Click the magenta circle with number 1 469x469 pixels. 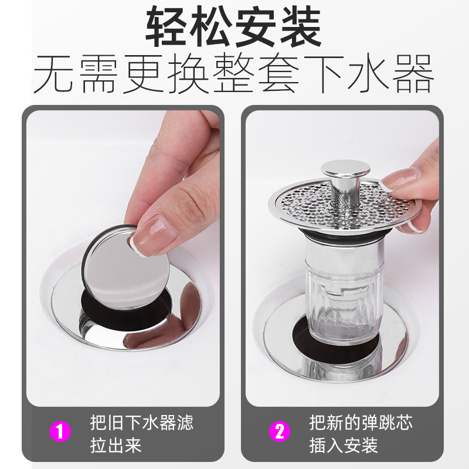[x=60, y=431]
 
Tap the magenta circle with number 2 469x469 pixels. [x=280, y=431]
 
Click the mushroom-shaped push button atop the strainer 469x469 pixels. [x=345, y=169]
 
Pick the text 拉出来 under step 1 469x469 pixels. [x=116, y=446]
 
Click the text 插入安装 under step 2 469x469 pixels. [x=344, y=446]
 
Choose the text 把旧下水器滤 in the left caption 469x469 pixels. [x=142, y=422]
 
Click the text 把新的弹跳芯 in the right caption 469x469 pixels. [x=361, y=422]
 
